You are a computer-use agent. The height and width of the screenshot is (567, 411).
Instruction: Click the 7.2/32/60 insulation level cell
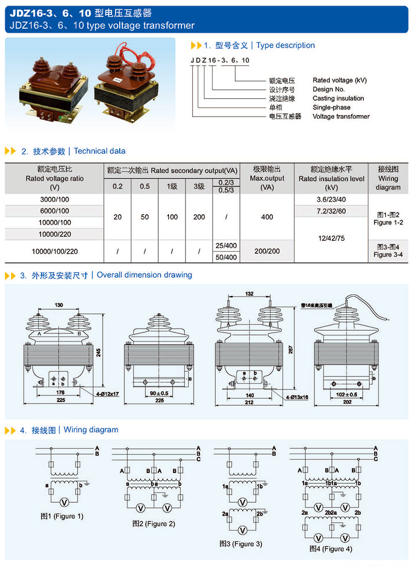tap(331, 211)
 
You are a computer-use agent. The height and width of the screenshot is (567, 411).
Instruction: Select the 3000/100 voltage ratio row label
tap(54, 199)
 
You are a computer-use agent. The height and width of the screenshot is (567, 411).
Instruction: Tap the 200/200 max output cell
tap(267, 251)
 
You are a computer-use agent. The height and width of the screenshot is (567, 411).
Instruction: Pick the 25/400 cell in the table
tap(227, 245)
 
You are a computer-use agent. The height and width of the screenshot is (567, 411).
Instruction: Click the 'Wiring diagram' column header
tap(388, 178)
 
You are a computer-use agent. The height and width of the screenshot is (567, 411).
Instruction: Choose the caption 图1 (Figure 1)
tap(62, 516)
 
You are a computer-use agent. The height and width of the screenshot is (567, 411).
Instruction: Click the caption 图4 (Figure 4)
tap(330, 549)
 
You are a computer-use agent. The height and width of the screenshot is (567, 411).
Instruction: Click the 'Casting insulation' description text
tap(338, 98)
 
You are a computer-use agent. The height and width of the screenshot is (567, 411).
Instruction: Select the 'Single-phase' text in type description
tap(331, 107)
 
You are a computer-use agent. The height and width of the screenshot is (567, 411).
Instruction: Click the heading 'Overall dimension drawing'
tap(144, 275)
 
